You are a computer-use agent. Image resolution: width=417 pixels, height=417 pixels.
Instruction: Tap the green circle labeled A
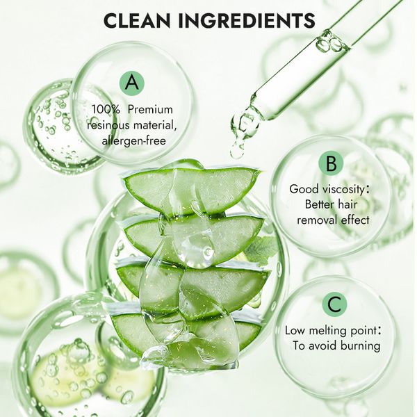[132, 83]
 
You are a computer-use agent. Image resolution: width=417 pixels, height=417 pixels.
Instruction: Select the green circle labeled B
[331, 163]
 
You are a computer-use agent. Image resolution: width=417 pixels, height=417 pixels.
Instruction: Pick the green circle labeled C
[334, 304]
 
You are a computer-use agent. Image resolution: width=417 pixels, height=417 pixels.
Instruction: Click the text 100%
[106, 110]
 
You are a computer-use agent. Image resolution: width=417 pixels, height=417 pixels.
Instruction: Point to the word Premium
[150, 110]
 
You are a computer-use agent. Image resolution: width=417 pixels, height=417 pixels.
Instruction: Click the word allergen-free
[133, 140]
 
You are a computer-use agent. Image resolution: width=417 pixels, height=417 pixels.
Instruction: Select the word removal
[314, 220]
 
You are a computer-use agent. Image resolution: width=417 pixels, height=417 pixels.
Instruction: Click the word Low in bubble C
[295, 331]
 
